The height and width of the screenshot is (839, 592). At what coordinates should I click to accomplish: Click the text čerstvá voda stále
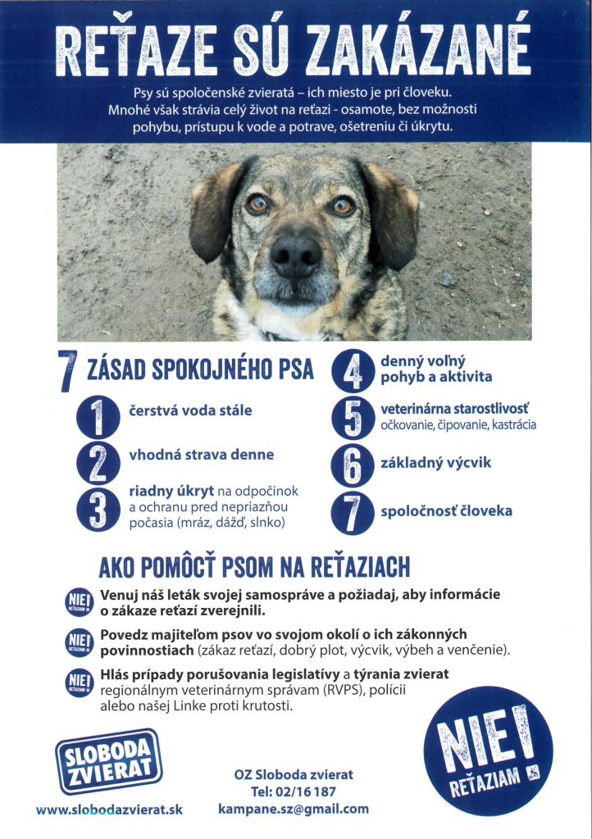click(190, 410)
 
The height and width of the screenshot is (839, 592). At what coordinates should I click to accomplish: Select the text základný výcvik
click(435, 463)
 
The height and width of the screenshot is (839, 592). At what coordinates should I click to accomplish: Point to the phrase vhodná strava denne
click(202, 455)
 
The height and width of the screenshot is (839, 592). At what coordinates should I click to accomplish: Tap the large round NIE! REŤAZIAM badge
click(488, 754)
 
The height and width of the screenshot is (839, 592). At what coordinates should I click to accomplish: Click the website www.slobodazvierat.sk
click(109, 810)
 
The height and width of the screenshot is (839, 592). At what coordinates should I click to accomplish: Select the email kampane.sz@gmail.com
click(294, 809)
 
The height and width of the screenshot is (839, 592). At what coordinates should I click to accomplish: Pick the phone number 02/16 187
click(294, 791)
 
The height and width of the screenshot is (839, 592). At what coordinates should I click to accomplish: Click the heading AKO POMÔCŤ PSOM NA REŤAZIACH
click(254, 567)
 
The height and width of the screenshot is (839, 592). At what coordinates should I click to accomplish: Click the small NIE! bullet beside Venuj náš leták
click(79, 602)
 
